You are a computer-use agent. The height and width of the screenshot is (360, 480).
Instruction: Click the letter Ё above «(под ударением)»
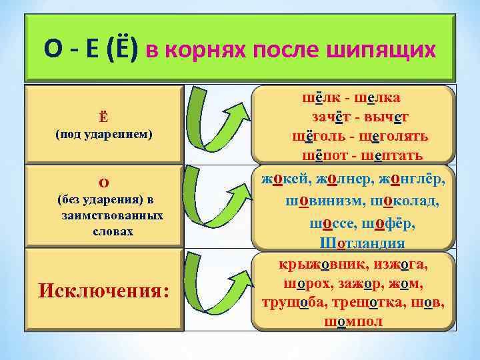103,118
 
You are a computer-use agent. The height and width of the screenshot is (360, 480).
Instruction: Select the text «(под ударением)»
103,134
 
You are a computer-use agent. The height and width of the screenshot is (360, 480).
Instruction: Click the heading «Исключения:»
103,291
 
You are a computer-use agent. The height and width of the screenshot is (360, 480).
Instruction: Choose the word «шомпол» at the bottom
353,321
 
